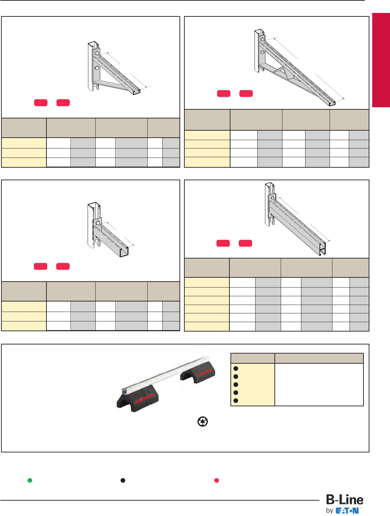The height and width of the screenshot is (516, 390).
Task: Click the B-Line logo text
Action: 344,500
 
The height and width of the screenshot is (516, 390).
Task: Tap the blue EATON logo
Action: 347,510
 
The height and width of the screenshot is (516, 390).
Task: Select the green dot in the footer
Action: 30,480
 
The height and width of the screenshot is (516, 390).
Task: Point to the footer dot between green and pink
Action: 123,480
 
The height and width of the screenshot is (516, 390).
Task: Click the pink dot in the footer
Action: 216,480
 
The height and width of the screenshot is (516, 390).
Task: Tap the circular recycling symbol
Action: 203,422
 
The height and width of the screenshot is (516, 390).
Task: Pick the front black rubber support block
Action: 138,399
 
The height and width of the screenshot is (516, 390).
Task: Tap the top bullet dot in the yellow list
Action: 236,369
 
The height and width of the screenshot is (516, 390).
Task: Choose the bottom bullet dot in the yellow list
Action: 236,401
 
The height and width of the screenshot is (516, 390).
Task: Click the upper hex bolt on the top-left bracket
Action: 97,53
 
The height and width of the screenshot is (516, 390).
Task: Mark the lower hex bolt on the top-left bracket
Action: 97,67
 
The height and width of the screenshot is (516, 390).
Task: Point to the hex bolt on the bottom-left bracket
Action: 98,223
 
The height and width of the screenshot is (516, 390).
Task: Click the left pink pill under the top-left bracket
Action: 41,103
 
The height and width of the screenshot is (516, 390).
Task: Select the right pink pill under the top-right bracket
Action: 246,94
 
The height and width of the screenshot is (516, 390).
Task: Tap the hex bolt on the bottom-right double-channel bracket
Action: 273,198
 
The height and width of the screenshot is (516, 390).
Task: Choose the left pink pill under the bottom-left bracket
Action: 41,267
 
